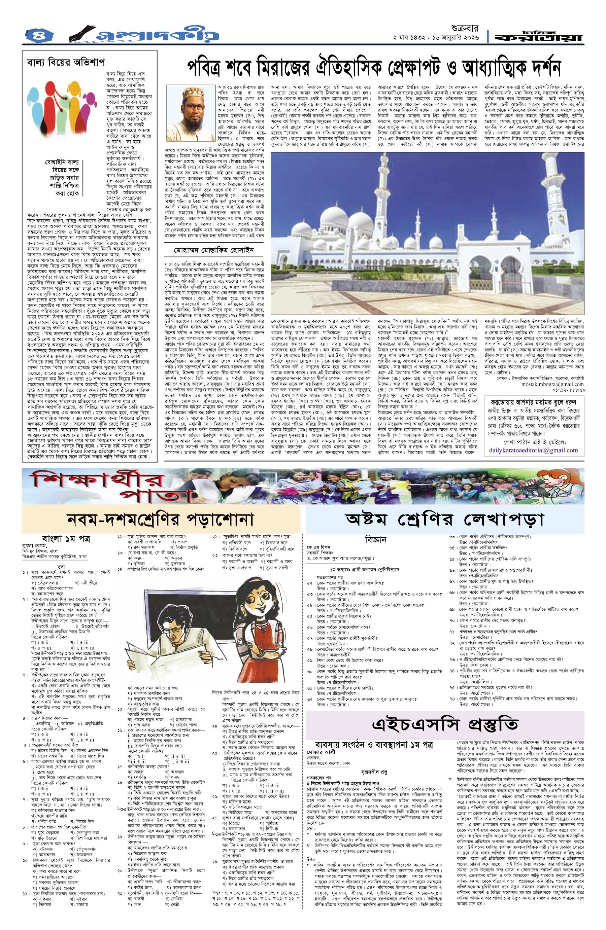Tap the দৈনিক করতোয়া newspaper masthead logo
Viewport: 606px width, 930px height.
click(540, 36)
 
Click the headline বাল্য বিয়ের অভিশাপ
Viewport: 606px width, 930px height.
click(65, 62)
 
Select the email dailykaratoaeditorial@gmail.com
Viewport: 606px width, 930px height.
click(533, 450)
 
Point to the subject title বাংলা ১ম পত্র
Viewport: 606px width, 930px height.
click(66, 538)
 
